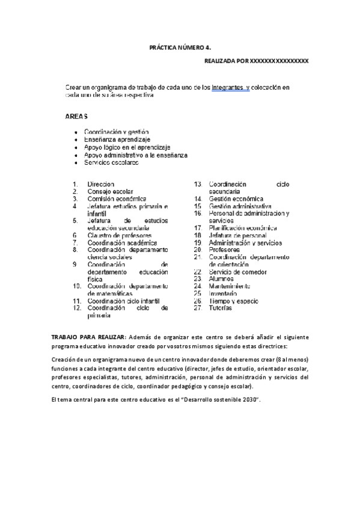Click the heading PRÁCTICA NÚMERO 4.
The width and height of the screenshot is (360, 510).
(180, 46)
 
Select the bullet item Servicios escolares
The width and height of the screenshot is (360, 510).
(111, 162)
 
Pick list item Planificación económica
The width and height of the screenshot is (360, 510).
(243, 228)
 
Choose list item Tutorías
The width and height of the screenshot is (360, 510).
(221, 307)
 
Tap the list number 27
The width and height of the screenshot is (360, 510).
(197, 307)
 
